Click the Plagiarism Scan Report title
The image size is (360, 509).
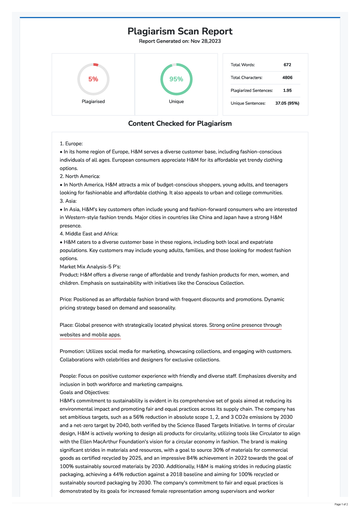coord(180,31)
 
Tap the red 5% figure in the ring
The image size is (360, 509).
coord(93,79)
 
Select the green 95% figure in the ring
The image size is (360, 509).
coord(176,79)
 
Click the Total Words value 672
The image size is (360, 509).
coord(287,65)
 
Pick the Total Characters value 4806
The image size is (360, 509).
coord(287,78)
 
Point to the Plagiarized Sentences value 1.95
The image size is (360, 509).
coord(287,91)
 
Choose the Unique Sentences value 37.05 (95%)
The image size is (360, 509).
coord(287,103)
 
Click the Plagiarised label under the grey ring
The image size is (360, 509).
coord(93,102)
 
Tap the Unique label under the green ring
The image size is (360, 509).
coord(176,102)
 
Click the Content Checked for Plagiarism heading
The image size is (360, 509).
coord(180,124)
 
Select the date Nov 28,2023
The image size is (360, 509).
coord(205,41)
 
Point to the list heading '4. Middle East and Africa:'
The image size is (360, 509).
coord(89,234)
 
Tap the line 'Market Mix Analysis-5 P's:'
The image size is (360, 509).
coord(90,266)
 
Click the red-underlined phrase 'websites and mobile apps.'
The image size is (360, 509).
coord(90,335)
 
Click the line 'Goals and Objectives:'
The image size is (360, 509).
coord(85,392)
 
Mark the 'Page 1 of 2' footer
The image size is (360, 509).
coord(341,505)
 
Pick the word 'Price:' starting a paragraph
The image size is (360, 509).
coord(66,299)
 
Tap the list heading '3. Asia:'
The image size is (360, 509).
coord(68,201)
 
